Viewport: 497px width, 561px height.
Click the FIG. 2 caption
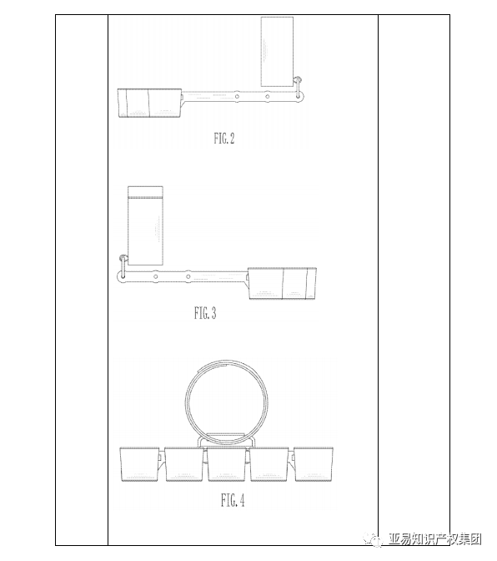click(x=224, y=139)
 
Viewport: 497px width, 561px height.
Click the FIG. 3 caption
click(x=205, y=313)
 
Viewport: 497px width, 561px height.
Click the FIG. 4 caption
click(x=233, y=500)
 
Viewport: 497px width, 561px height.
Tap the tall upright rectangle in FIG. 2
click(x=277, y=52)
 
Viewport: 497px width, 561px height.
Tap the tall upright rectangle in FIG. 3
click(x=145, y=225)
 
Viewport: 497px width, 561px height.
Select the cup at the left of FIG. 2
click(x=150, y=103)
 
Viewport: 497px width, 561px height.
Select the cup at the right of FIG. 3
click(x=282, y=283)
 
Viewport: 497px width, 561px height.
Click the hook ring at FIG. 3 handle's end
click(x=123, y=265)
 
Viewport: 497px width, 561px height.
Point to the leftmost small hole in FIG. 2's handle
click(x=237, y=96)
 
